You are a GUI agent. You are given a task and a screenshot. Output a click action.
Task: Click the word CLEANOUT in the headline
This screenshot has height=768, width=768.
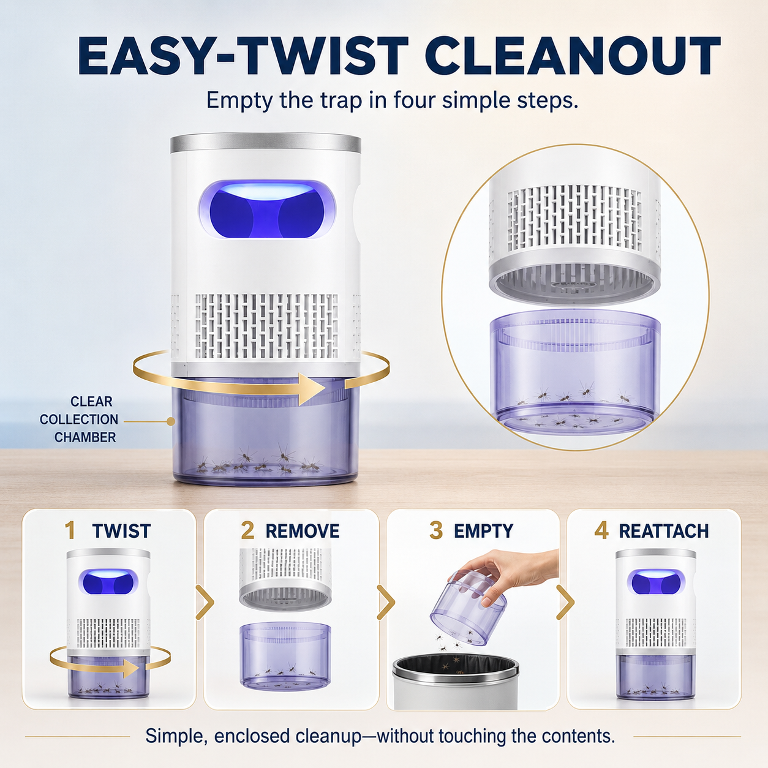pyautogui.click(x=575, y=56)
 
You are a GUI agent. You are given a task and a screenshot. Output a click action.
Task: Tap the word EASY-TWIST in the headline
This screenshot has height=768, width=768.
pyautogui.click(x=243, y=56)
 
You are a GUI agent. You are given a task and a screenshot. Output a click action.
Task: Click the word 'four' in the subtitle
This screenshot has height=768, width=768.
pyautogui.click(x=414, y=100)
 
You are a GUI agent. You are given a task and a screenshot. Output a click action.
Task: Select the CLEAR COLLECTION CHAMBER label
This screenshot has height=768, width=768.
pyautogui.click(x=79, y=420)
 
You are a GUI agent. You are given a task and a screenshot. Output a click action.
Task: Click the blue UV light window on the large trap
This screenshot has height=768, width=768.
pyautogui.click(x=267, y=209)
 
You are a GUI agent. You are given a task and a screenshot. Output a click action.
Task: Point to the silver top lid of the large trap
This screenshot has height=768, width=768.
pyautogui.click(x=265, y=143)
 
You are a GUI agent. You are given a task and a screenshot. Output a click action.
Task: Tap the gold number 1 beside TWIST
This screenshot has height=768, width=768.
pyautogui.click(x=70, y=531)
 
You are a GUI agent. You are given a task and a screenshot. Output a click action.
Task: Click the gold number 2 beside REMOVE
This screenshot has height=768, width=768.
pyautogui.click(x=248, y=531)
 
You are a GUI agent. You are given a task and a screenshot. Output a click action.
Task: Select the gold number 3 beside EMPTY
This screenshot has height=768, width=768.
pyautogui.click(x=436, y=531)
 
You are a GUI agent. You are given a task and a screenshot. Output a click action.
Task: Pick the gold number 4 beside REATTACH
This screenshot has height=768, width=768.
pyautogui.click(x=601, y=531)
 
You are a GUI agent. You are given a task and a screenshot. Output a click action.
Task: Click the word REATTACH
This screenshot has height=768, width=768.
pyautogui.click(x=664, y=531)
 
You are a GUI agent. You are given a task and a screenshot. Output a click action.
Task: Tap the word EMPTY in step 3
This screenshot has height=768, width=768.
pyautogui.click(x=483, y=531)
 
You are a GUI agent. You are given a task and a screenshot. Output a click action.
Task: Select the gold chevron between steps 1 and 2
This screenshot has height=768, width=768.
pyautogui.click(x=205, y=602)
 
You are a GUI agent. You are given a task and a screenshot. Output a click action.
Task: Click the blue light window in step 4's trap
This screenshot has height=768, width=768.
pyautogui.click(x=656, y=582)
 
